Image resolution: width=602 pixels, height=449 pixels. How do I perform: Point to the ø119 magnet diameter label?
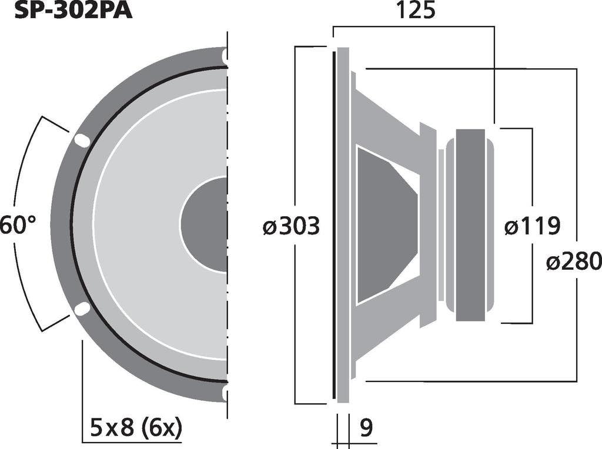(532, 226)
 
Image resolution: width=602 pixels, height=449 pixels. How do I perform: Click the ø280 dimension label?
(573, 260)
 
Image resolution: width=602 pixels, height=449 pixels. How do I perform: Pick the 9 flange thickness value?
(366, 428)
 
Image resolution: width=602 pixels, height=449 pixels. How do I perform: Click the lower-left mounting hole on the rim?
(82, 309)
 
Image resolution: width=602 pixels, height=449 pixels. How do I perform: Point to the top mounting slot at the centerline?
(225, 55)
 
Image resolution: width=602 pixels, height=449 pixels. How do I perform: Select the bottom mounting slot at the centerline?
(225, 393)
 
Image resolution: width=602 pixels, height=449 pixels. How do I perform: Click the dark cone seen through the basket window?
(385, 224)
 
